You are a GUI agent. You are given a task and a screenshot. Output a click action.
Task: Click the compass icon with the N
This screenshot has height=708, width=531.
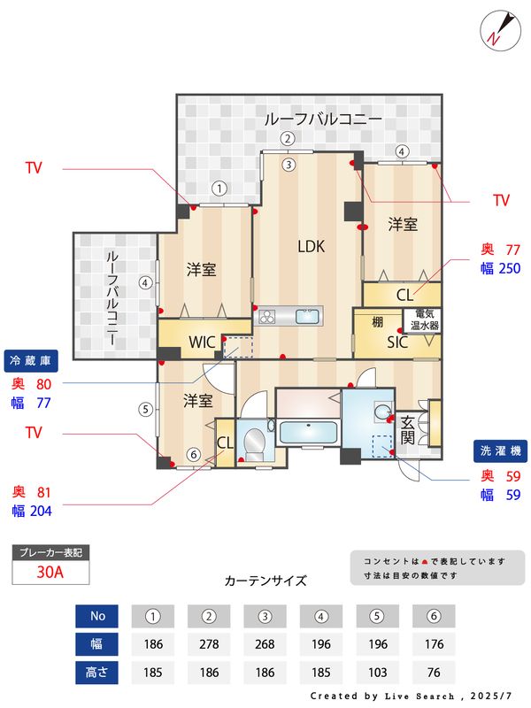click(x=500, y=31)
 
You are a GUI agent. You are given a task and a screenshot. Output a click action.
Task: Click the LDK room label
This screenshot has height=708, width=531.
click(x=312, y=247)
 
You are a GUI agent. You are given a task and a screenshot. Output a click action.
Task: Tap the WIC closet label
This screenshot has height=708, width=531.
click(x=202, y=342)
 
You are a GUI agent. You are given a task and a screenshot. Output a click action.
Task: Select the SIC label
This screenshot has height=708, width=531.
click(x=397, y=342)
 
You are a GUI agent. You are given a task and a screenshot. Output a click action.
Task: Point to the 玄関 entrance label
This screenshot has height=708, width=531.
click(x=408, y=430)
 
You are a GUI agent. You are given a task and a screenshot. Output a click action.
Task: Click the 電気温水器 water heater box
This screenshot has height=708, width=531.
click(x=422, y=320)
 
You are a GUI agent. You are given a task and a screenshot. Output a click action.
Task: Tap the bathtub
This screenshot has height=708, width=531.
click(x=308, y=432)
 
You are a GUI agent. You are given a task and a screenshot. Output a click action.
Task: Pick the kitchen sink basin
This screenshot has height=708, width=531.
click(x=308, y=316)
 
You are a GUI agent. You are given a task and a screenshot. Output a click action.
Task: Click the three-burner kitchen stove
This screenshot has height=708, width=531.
click(x=266, y=316)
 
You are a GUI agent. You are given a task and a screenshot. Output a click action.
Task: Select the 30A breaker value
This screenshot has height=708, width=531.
click(x=50, y=572)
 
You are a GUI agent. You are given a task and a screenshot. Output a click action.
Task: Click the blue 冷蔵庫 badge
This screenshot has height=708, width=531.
click(x=31, y=361)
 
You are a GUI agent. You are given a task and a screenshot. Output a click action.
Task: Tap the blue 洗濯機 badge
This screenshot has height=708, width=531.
click(x=500, y=451)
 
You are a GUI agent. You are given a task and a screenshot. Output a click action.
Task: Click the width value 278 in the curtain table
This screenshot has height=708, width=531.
click(x=209, y=644)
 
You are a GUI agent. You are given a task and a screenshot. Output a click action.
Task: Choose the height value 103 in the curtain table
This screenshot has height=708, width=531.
click(x=378, y=673)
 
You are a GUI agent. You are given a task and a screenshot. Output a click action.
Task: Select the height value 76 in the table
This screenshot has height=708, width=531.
click(x=434, y=673)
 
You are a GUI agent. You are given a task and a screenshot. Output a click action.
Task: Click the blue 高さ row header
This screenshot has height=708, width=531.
click(x=96, y=673)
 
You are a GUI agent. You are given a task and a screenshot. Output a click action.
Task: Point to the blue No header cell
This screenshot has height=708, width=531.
click(x=96, y=616)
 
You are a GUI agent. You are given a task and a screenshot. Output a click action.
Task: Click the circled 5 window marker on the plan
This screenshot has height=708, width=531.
click(x=145, y=409)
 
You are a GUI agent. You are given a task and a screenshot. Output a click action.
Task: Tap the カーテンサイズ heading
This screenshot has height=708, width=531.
click(x=265, y=581)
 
